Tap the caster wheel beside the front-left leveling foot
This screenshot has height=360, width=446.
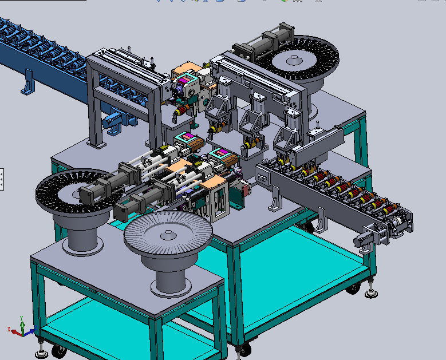point(57,351)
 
